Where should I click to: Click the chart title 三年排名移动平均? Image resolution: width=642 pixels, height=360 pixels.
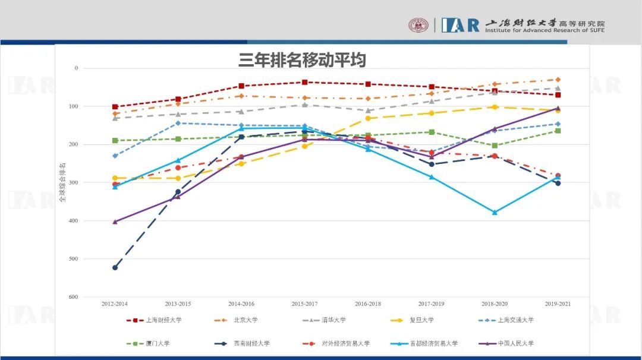302,60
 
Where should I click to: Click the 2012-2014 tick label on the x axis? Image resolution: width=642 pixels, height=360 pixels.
115,304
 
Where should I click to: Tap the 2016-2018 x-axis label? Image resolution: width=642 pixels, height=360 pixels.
368,304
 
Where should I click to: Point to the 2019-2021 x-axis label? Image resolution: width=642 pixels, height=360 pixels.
558,304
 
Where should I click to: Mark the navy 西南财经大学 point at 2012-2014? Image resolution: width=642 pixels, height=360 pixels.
115,267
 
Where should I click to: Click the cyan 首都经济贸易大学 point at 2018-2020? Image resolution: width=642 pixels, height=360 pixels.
495,212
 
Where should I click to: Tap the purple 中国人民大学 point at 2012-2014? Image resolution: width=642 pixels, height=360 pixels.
115,222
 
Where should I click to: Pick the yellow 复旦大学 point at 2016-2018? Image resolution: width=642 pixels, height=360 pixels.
368,118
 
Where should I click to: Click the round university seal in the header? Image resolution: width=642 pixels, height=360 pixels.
418,25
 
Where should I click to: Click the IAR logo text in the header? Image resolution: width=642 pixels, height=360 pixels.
460,25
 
